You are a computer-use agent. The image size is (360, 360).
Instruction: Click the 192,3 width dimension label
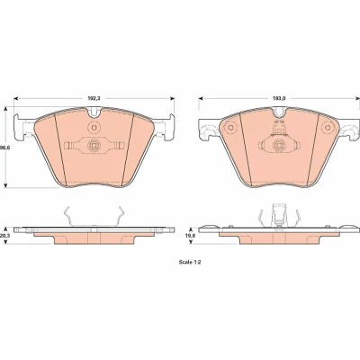[94, 98]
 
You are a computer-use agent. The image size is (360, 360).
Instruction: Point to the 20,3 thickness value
[4, 236]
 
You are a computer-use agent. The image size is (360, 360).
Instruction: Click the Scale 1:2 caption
[190, 262]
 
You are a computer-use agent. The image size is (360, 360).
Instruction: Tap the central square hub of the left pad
[94, 146]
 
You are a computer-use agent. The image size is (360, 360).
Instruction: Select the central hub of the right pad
[279, 146]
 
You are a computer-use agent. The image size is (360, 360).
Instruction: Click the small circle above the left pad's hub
[94, 128]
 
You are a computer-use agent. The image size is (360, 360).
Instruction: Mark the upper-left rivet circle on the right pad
[230, 128]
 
